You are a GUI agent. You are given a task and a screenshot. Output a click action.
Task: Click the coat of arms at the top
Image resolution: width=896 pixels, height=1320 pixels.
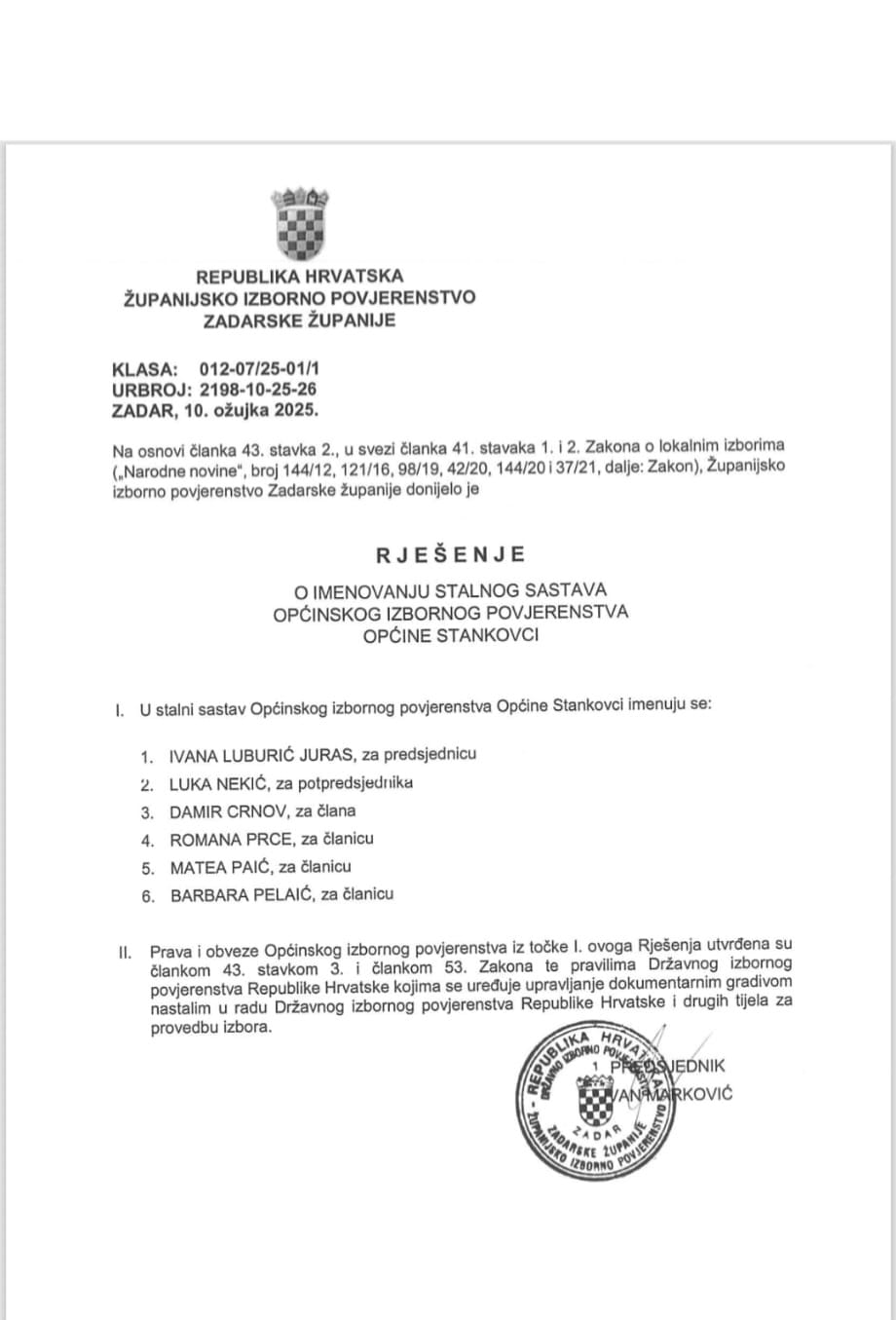299,223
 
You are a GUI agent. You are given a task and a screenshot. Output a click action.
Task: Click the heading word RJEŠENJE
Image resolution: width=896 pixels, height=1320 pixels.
450,554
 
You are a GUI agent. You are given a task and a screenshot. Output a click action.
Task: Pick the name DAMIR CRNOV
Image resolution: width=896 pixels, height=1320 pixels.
223,811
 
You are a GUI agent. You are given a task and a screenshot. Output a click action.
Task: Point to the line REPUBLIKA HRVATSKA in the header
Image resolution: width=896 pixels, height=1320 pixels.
299,277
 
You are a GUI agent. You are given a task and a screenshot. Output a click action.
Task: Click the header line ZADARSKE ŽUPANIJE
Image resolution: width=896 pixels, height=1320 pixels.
299,320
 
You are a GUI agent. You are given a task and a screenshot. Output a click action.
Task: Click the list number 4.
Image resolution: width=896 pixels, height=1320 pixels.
147,840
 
